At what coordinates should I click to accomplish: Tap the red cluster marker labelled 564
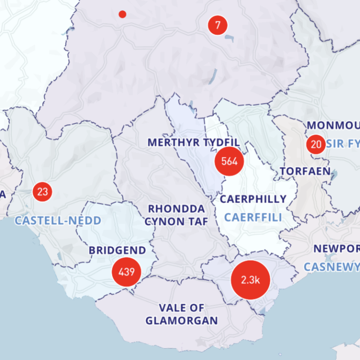click(x=229, y=161)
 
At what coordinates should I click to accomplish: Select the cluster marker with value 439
click(x=127, y=271)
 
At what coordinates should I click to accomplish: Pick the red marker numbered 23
click(x=42, y=191)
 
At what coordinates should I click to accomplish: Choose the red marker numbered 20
click(x=316, y=144)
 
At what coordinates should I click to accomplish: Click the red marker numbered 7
click(x=217, y=24)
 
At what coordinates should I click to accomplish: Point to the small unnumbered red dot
click(x=122, y=14)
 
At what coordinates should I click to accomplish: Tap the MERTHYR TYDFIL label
click(x=194, y=142)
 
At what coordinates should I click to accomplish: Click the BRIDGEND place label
click(x=117, y=250)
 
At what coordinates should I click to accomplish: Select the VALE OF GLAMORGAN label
click(x=181, y=315)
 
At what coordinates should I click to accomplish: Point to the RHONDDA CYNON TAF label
click(x=176, y=215)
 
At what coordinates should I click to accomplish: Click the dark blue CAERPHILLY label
click(x=253, y=199)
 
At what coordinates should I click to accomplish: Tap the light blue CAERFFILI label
click(x=253, y=217)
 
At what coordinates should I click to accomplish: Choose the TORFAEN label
click(x=306, y=171)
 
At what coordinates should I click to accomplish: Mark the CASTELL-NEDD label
click(x=58, y=220)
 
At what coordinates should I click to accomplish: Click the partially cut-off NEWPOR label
click(x=336, y=249)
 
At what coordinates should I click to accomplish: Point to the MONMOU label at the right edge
click(x=333, y=126)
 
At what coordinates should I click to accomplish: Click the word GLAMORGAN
click(x=181, y=321)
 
